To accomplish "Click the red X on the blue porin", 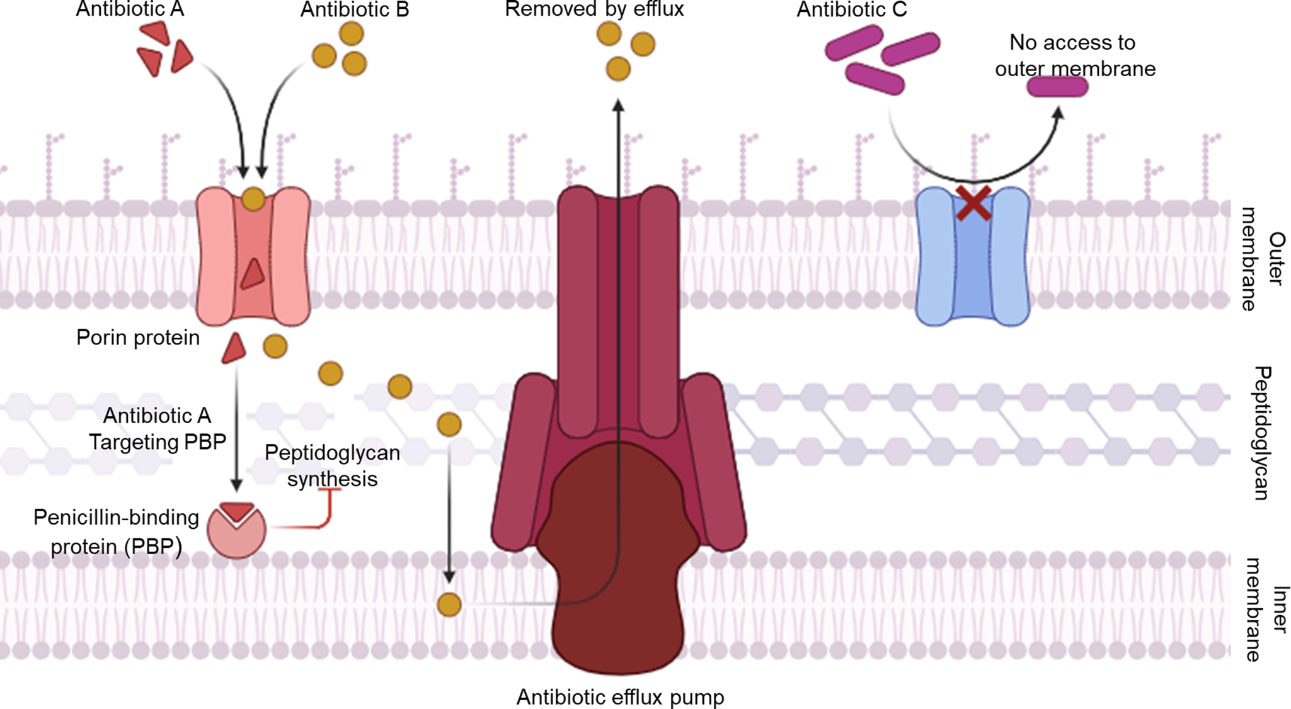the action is point(973,203).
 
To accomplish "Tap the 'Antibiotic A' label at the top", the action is point(130,9).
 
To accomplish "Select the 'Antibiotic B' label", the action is point(355,9).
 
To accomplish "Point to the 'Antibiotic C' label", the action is point(852,9).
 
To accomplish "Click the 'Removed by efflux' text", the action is point(594,9).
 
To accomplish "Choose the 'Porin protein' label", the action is point(138,337).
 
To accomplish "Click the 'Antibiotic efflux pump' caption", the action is point(621,697).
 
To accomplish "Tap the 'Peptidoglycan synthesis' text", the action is point(332,465).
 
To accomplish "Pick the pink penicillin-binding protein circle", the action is point(237,530).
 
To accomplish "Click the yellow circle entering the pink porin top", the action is point(253,199).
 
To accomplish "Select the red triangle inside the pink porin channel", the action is point(253,274).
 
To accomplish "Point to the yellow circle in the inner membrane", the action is point(449,605).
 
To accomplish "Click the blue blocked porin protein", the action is point(972,256).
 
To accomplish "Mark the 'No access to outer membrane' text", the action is point(1075,55).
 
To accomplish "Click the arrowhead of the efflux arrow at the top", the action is point(619,105).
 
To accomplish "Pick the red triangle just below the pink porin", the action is point(234,348).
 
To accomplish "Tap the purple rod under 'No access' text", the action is point(1057,87).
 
